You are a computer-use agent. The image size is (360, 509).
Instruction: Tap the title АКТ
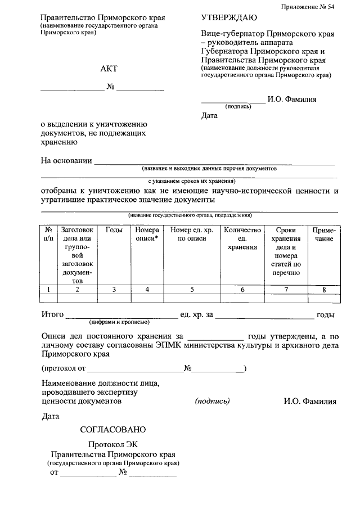pyautogui.click(x=108, y=69)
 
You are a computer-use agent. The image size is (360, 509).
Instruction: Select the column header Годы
pyautogui.click(x=114, y=230)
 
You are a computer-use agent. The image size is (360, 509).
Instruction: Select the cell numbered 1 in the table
pyautogui.click(x=49, y=290)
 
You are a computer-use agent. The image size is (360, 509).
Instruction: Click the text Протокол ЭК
pyautogui.click(x=112, y=444)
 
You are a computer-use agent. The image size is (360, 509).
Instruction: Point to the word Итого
pyautogui.click(x=53, y=315)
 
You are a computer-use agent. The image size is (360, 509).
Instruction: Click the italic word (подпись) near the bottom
pyautogui.click(x=212, y=402)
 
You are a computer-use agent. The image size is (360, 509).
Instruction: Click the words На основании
pyautogui.click(x=66, y=161)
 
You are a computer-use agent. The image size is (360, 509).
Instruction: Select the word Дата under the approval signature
pyautogui.click(x=209, y=116)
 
